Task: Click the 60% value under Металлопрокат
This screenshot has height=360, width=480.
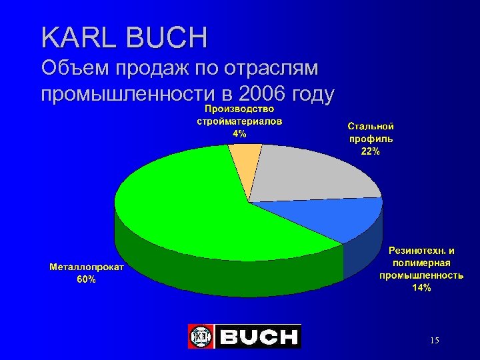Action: click(86, 280)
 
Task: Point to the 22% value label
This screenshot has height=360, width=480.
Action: click(371, 151)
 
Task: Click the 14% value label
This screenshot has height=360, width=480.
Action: click(421, 287)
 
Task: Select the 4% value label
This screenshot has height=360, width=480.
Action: click(239, 133)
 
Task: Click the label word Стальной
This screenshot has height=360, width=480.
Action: click(371, 126)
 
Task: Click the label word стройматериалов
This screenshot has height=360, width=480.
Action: click(239, 121)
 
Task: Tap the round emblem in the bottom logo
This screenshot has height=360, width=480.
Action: click(200, 337)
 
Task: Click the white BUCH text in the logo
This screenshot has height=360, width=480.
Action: click(259, 337)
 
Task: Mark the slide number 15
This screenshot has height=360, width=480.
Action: click(434, 341)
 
